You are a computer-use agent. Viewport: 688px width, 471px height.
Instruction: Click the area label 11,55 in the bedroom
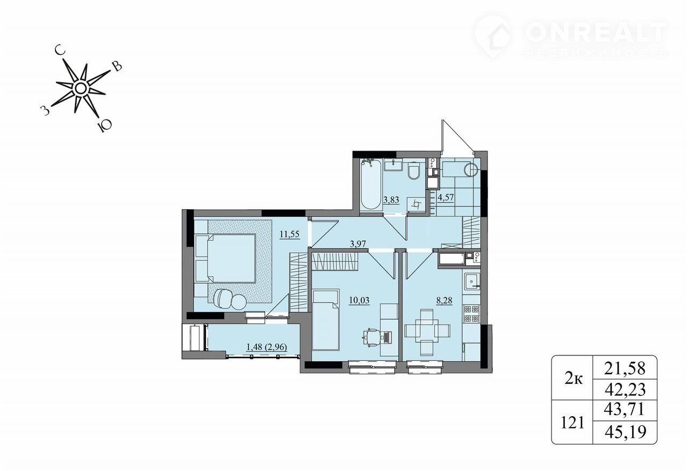pyautogui.click(x=289, y=234)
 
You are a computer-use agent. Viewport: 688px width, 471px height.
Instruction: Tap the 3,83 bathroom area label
pyautogui.click(x=391, y=200)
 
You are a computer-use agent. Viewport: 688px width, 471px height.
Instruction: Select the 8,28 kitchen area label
pyautogui.click(x=444, y=300)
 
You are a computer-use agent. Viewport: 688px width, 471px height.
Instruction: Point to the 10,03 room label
pyautogui.click(x=359, y=300)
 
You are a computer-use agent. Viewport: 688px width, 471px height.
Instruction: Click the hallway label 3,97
pyautogui.click(x=358, y=244)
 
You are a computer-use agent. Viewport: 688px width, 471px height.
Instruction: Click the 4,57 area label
pyautogui.click(x=446, y=197)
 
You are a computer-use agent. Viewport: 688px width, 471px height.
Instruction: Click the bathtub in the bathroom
pyautogui.click(x=371, y=184)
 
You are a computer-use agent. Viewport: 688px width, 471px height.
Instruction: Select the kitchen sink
pyautogui.click(x=471, y=281)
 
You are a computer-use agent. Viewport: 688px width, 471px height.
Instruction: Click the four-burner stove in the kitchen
pyautogui.click(x=471, y=313)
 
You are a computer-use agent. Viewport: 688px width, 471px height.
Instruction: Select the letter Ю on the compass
pyautogui.click(x=104, y=126)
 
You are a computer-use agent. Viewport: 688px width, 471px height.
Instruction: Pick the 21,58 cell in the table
pyautogui.click(x=625, y=368)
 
